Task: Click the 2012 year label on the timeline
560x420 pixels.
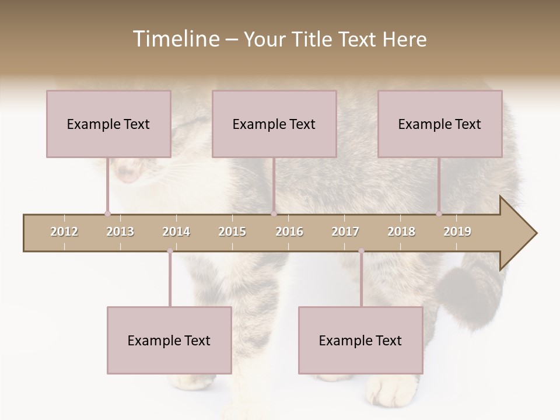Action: click(64, 232)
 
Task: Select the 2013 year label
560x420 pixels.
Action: click(120, 232)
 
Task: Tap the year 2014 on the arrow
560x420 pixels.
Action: click(176, 232)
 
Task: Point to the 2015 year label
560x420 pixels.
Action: click(232, 232)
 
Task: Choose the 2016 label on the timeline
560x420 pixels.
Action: click(289, 232)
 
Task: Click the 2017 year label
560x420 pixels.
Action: click(345, 232)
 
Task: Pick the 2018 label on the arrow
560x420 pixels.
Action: click(401, 232)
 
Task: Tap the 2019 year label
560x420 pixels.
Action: click(457, 232)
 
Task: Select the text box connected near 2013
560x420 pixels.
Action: click(108, 124)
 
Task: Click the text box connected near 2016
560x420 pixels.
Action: click(274, 124)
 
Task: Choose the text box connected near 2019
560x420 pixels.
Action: click(440, 124)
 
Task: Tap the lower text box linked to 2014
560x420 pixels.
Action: click(169, 340)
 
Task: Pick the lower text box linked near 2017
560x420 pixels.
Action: click(360, 340)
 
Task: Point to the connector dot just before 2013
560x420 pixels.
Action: click(107, 213)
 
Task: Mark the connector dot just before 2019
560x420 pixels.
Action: click(439, 213)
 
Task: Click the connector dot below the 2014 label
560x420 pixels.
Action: click(170, 251)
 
